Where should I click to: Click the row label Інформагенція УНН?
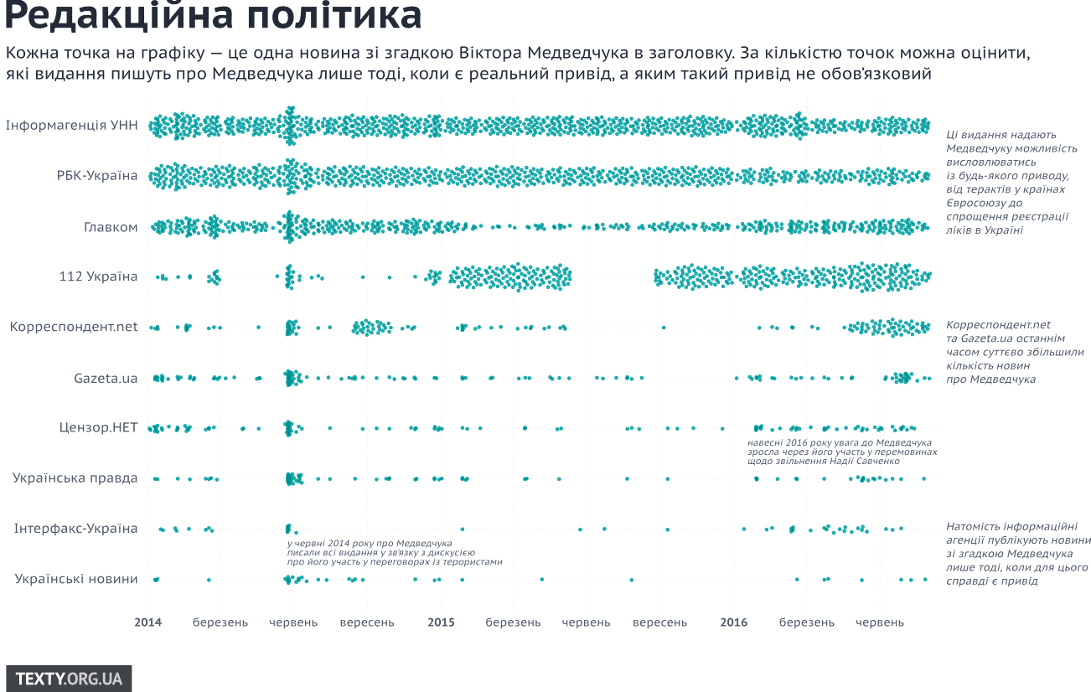pos(71,126)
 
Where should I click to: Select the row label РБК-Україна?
pos(97,176)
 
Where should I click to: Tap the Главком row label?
pos(111,226)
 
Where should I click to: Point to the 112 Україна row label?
pos(98,276)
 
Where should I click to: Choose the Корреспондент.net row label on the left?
pos(74,327)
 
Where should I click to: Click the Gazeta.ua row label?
pos(106,378)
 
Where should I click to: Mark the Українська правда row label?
pos(75,478)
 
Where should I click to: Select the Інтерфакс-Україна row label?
pos(76,529)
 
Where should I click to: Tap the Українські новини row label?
pos(76,579)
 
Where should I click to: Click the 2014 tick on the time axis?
pos(148,622)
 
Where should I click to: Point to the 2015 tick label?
pos(442,622)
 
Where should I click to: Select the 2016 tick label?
pos(734,622)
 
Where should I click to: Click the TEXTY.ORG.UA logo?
pos(69,679)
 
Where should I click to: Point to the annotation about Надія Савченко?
pos(841,452)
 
